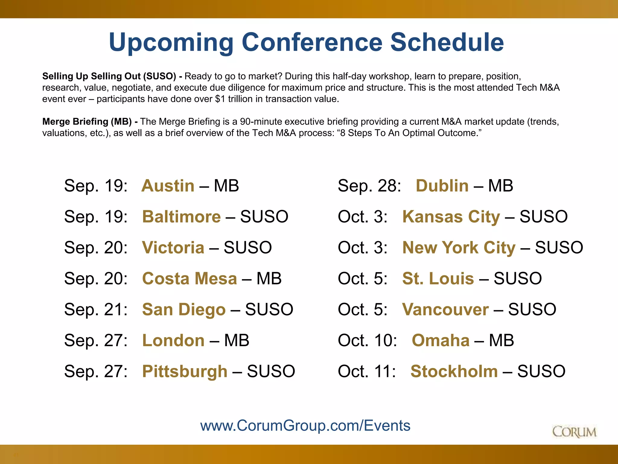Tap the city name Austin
point(168,185)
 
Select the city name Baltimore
point(181,217)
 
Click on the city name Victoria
point(173,248)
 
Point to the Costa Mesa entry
point(190,279)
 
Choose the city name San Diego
point(184,310)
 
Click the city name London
point(173,340)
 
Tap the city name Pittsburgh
point(185,371)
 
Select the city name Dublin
point(442,185)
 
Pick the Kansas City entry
point(451,217)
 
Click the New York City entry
point(459,248)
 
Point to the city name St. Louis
point(438,279)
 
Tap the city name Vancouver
point(445,310)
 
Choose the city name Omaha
point(441,340)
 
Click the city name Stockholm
point(454,371)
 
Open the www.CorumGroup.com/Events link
point(305,426)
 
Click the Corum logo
point(574,432)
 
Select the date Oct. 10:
point(367,340)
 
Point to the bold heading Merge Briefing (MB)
point(87,121)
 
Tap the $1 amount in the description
point(220,99)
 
